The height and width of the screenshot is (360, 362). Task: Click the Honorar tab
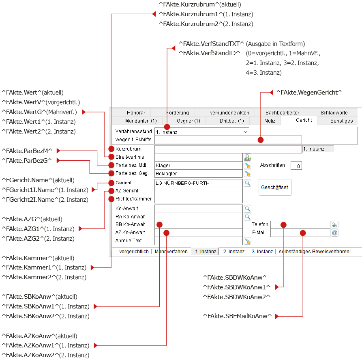(136, 112)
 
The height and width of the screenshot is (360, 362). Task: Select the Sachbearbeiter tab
(282, 112)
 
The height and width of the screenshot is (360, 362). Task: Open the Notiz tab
(270, 121)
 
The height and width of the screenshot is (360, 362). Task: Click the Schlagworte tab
(334, 112)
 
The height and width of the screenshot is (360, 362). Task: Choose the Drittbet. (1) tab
(231, 121)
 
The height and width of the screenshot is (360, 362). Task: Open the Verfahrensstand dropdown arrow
(246, 132)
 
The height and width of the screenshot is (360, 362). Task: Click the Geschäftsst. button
(275, 187)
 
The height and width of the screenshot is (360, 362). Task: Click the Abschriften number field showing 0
(296, 166)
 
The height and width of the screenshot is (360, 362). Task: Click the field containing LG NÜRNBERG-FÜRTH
(199, 183)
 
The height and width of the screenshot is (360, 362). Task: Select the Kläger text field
(199, 165)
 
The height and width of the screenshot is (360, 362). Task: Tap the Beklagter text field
(199, 173)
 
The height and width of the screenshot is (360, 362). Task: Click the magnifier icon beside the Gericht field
(248, 183)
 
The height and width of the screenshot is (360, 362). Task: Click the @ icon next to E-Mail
(335, 233)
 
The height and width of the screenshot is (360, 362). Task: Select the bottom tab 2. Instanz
(233, 252)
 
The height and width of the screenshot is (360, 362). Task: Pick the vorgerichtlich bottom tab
(134, 252)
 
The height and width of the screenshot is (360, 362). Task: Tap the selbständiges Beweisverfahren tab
(314, 252)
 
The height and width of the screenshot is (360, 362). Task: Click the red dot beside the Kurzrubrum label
(111, 149)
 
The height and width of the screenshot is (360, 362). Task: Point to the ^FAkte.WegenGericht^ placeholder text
(309, 93)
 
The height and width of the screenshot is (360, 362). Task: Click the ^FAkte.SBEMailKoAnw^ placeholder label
(237, 316)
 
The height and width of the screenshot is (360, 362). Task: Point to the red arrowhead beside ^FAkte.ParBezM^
(58, 151)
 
